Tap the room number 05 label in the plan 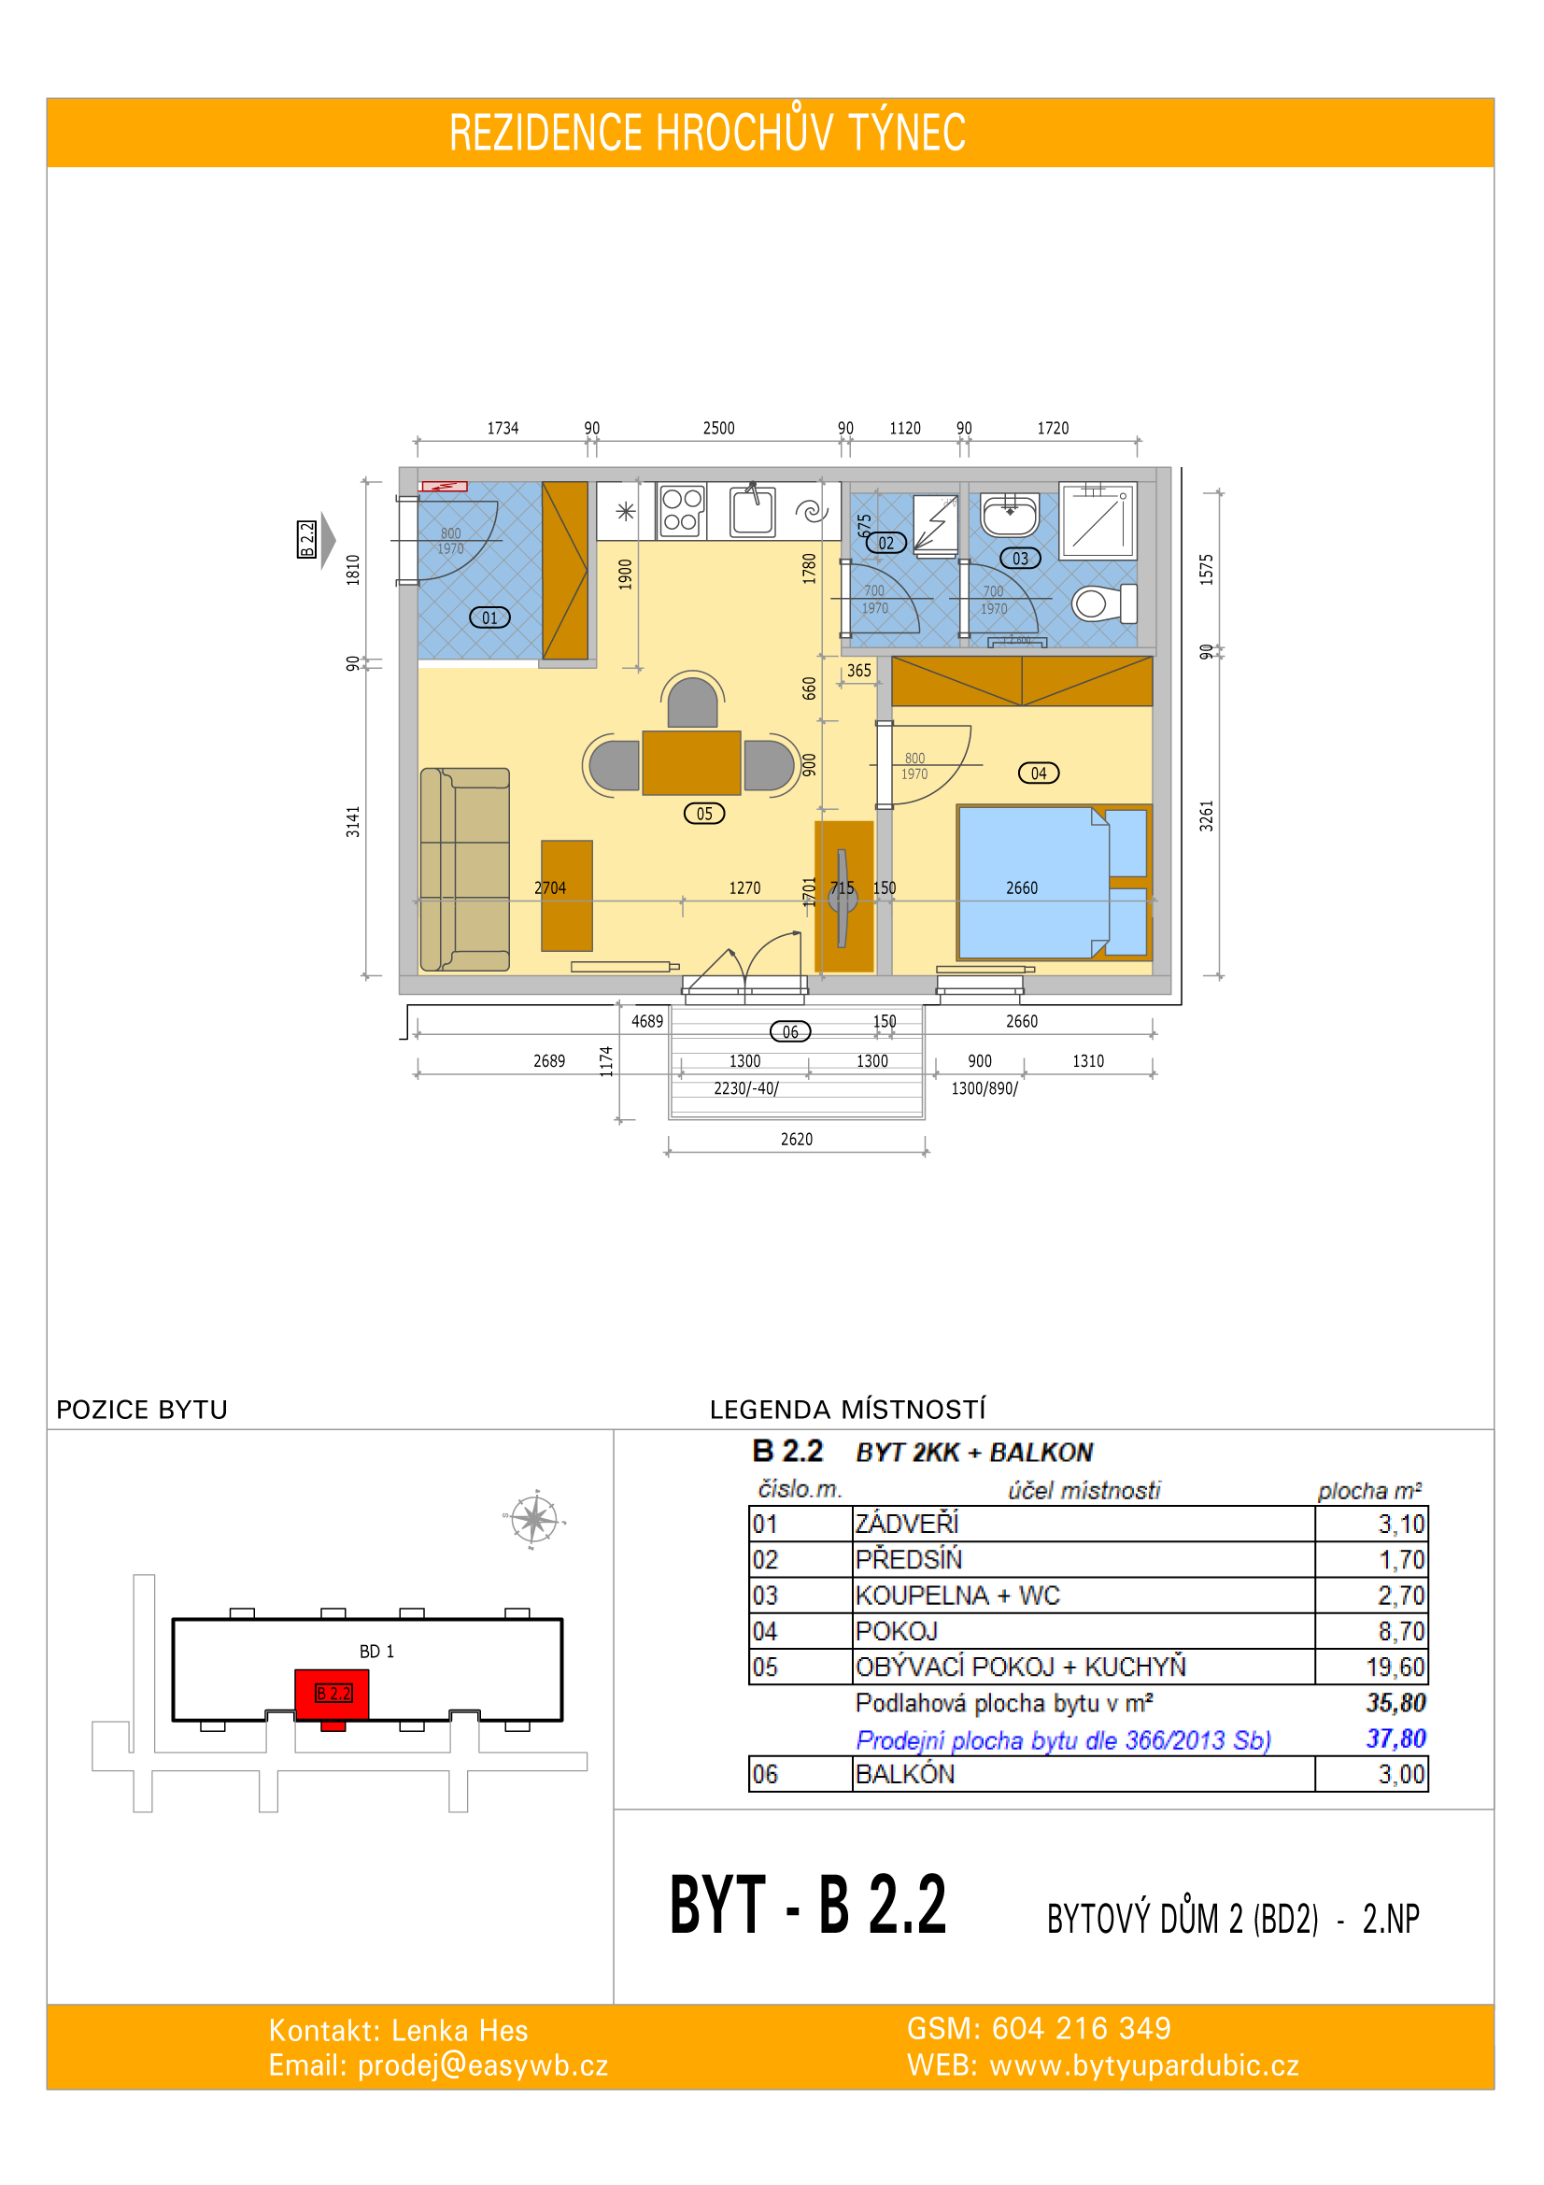pos(704,814)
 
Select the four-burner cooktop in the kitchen pos(682,511)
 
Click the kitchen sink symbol pos(753,511)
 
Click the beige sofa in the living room pos(465,870)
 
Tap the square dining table pos(691,762)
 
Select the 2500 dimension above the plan pos(719,428)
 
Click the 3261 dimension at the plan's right pos(1206,816)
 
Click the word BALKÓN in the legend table pos(905,1774)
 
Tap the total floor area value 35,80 pos(1395,1703)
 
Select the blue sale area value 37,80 pos(1395,1738)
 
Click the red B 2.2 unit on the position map pos(332,1695)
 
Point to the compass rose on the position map pos(533,1519)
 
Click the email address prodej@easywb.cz pos(482,2066)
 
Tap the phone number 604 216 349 pos(1082,2028)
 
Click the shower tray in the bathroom pos(1098,519)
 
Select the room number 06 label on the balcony pos(789,1031)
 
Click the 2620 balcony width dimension pos(796,1139)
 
